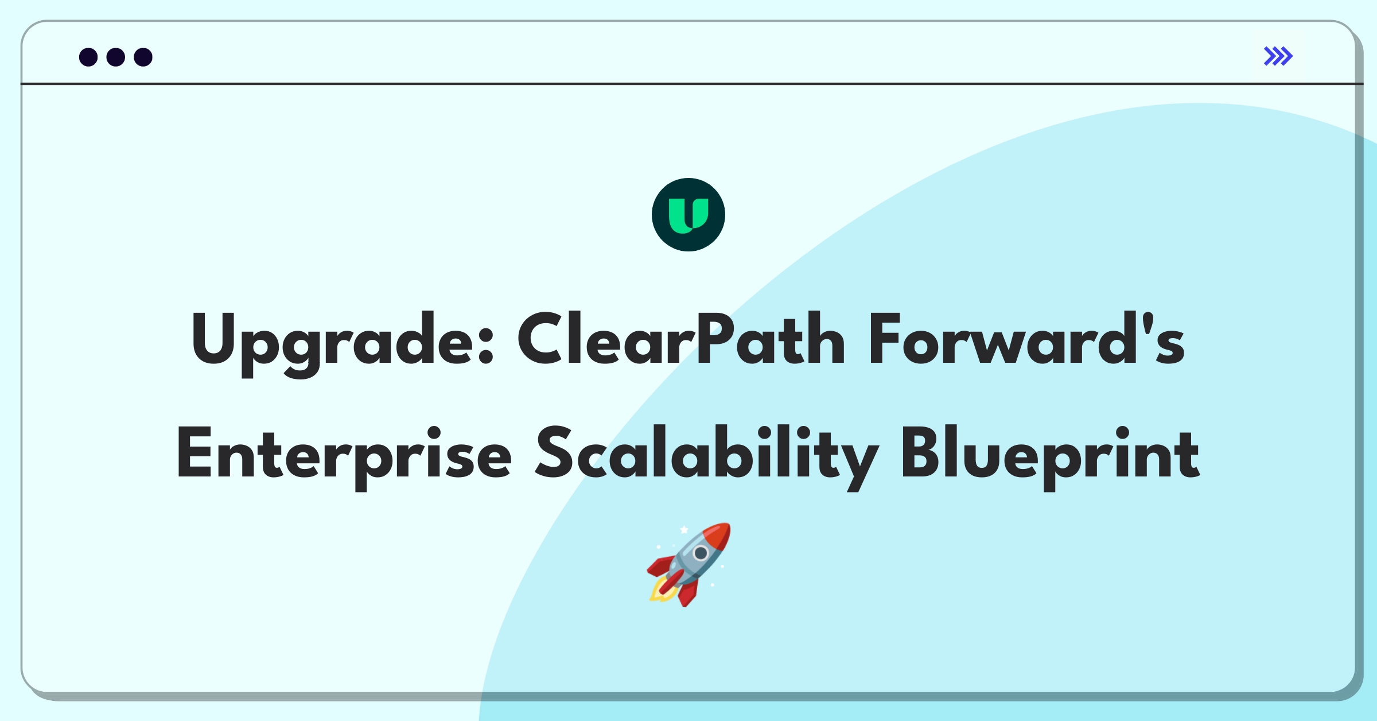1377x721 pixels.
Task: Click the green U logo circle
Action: coord(688,215)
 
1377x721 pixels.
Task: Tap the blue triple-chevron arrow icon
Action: coord(1278,56)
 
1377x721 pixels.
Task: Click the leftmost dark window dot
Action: coord(88,57)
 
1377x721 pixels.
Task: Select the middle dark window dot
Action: coord(116,57)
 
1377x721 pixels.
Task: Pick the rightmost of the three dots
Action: coord(143,57)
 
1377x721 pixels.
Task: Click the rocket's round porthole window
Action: coord(701,553)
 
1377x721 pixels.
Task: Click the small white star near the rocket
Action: coord(684,530)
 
